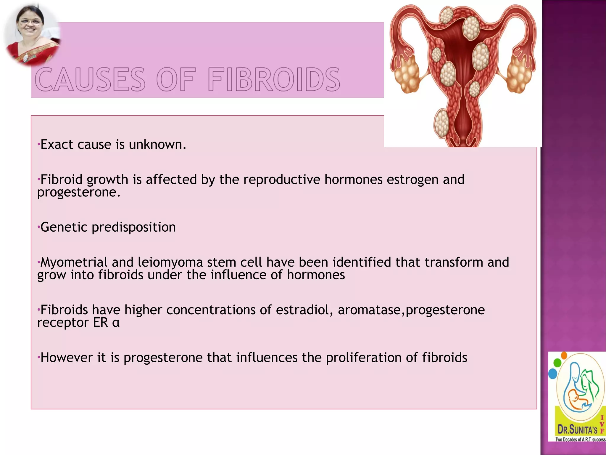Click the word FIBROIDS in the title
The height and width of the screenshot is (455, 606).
coord(274,79)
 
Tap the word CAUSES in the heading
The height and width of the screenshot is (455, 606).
coord(90,79)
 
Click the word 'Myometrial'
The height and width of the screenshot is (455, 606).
coord(74,262)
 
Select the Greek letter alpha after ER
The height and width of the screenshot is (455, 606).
coord(116,323)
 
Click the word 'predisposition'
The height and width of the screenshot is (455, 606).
coord(133,227)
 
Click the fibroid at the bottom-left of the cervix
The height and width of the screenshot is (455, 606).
coord(442,123)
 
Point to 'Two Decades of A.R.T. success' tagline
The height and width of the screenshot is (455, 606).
coord(580,439)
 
